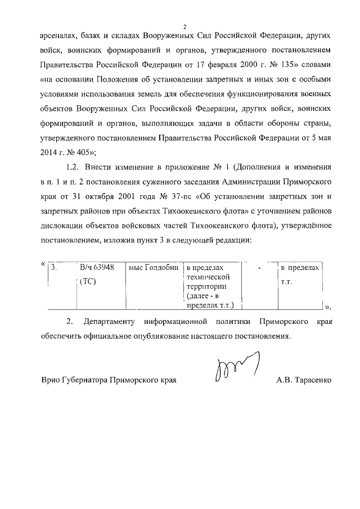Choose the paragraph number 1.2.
tap(75, 167)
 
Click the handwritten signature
tap(236, 368)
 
